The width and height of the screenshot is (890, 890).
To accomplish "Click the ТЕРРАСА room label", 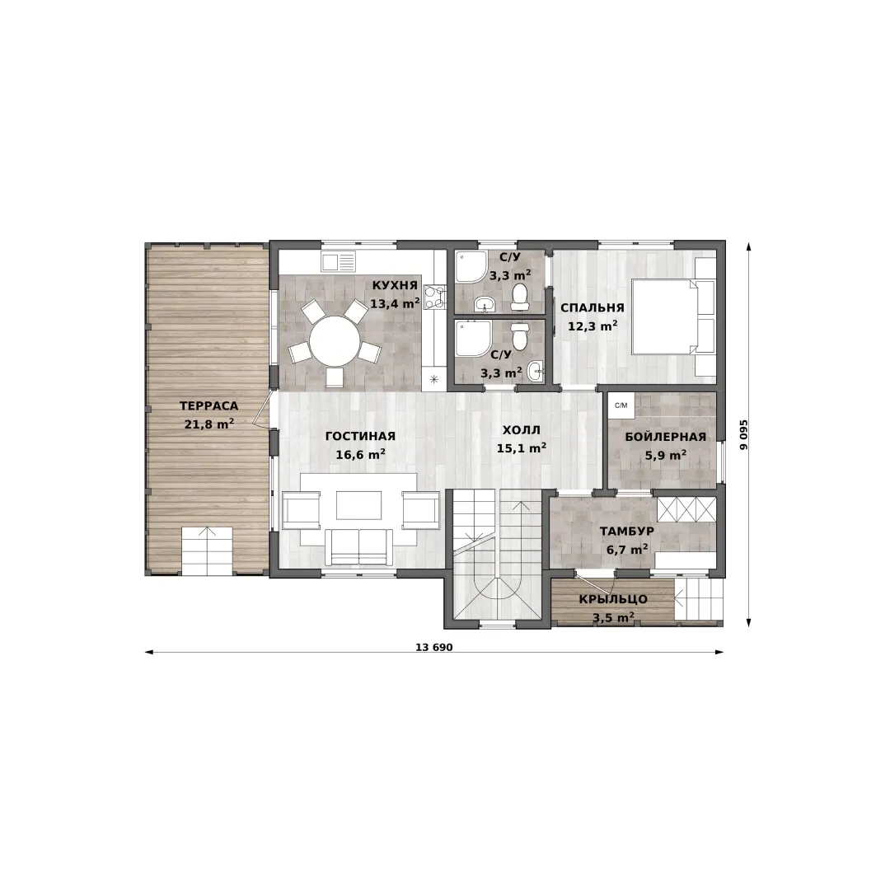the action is [208, 405].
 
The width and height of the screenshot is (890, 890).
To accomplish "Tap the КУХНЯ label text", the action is [395, 285].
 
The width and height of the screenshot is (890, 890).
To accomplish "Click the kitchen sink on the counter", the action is [339, 262].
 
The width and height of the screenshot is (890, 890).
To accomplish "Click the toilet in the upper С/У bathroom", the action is [519, 297].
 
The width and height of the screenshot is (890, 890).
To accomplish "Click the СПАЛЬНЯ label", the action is [593, 307].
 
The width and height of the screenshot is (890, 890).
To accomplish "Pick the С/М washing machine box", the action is [621, 405].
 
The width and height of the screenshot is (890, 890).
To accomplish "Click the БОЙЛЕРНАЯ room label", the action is [666, 437].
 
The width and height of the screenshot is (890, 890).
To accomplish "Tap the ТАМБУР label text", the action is [627, 531].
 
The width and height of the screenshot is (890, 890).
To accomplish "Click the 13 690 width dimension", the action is [434, 647].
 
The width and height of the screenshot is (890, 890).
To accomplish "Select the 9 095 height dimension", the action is [743, 435].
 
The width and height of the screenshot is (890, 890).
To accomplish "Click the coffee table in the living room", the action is [358, 505].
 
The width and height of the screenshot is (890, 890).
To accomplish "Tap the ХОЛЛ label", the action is [522, 429].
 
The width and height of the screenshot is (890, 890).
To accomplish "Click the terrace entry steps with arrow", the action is [207, 550].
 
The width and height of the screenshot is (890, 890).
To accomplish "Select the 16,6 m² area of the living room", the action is [361, 455].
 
